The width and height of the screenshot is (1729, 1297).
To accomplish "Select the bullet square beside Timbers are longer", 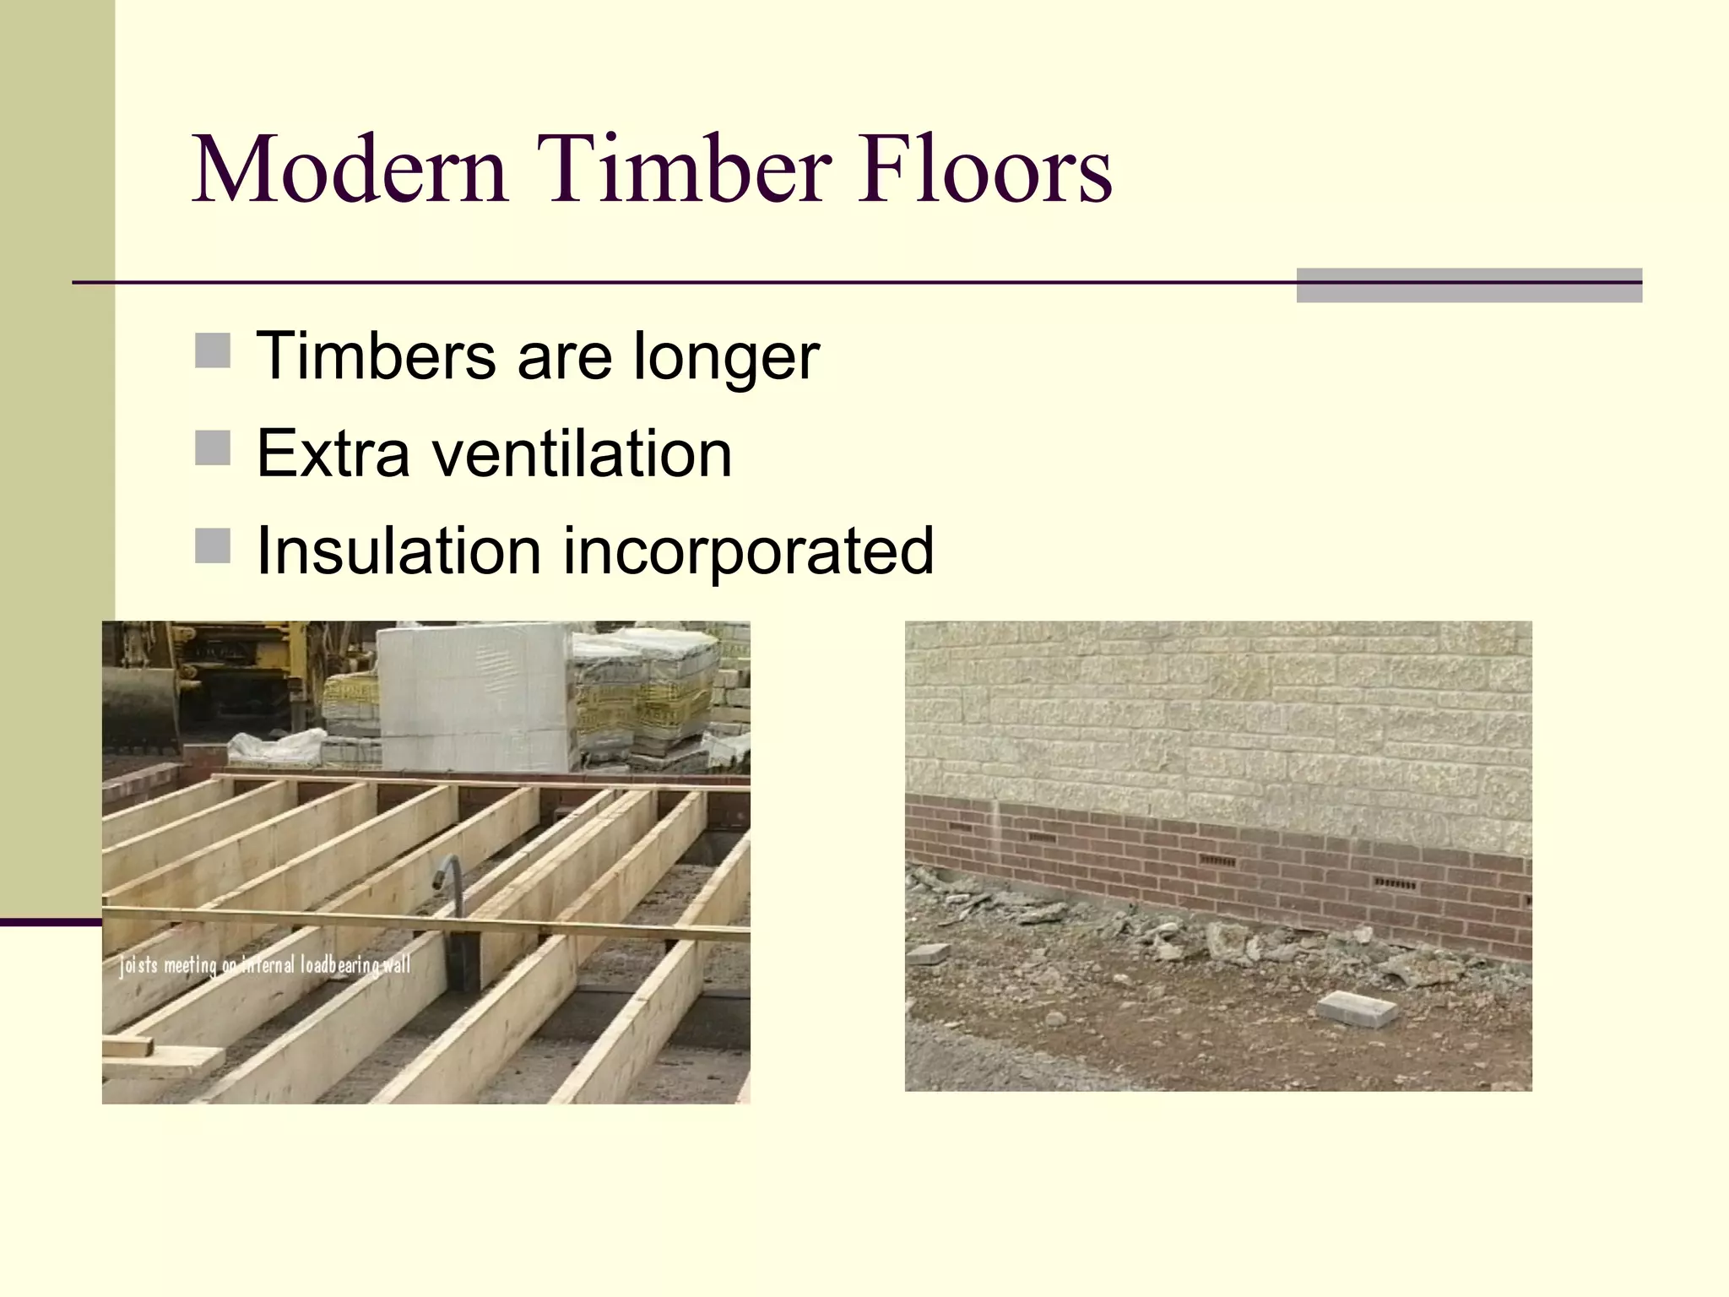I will (213, 350).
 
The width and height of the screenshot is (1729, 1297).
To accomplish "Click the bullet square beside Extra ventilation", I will (213, 448).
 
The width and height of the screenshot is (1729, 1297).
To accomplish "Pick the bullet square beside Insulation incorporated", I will (213, 545).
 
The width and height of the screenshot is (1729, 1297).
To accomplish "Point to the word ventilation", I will (582, 454).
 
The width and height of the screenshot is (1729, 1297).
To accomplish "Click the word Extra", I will (333, 454).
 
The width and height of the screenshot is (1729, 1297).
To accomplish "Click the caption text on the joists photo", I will (265, 964).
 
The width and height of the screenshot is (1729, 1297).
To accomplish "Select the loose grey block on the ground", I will (1358, 1009).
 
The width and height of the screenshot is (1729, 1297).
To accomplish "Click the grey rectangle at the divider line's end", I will (1469, 285).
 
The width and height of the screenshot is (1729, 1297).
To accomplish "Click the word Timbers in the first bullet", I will (376, 356).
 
